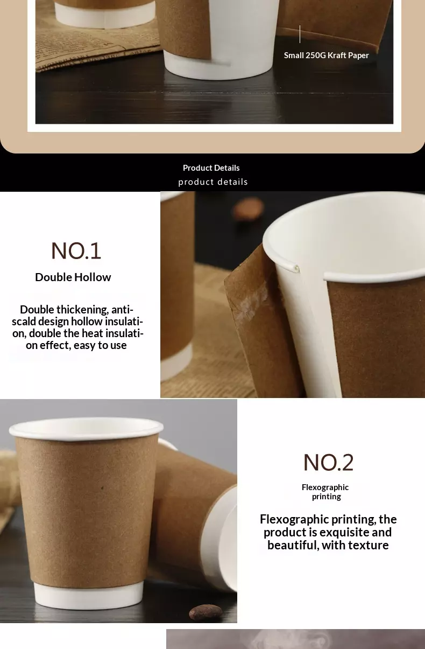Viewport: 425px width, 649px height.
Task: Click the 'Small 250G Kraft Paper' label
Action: point(327,55)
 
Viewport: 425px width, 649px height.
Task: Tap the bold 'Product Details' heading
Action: point(211,168)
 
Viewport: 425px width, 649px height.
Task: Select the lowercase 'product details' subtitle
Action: point(213,182)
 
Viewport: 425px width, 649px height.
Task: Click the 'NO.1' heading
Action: point(76,250)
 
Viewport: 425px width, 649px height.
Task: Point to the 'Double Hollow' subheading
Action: point(73,277)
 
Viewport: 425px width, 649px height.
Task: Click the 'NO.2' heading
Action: point(328,462)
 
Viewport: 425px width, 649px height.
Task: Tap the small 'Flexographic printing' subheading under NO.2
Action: point(325,492)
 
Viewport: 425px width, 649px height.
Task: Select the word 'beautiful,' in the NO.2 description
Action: point(293,545)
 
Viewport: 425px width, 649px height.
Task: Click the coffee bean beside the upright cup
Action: point(206,612)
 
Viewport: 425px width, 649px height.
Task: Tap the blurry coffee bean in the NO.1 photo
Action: point(248,208)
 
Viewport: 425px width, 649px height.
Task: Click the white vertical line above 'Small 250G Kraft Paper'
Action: point(300,34)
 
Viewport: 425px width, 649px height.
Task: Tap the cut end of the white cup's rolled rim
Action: point(296,269)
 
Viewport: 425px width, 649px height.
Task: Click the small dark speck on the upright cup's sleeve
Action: point(102,488)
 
